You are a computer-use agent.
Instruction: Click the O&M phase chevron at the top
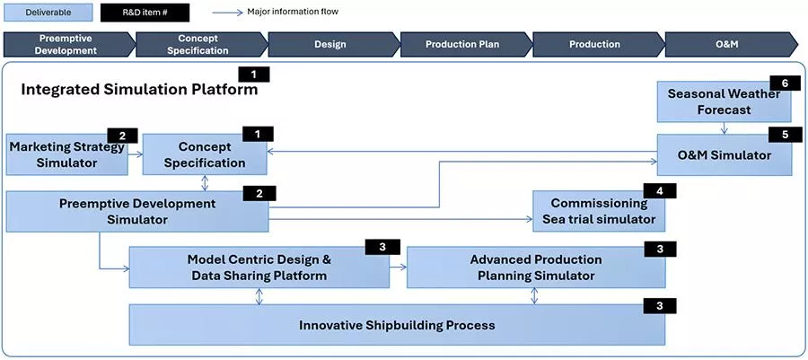click(x=727, y=44)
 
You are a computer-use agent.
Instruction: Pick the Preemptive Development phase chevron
click(x=68, y=44)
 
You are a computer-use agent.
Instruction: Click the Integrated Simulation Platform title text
click(x=139, y=90)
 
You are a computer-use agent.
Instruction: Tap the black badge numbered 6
click(x=785, y=83)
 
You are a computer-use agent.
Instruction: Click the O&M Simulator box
click(x=724, y=155)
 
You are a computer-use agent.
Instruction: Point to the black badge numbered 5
click(x=785, y=135)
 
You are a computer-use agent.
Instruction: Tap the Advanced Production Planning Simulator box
click(x=535, y=268)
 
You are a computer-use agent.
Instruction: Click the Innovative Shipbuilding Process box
click(x=397, y=325)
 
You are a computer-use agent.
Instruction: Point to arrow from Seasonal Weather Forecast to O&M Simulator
click(x=724, y=128)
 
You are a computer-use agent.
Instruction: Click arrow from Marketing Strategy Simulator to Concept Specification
click(x=135, y=154)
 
